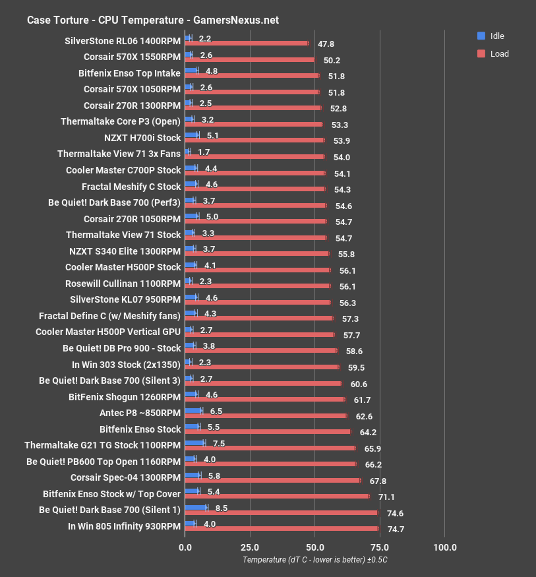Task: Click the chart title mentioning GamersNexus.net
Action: (x=152, y=20)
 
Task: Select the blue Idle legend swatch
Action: (x=481, y=36)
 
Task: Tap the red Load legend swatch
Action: (x=481, y=53)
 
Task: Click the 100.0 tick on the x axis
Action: (x=445, y=547)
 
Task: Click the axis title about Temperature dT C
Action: (x=315, y=560)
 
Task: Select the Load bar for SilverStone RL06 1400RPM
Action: (x=247, y=44)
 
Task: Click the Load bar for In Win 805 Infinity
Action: (x=282, y=528)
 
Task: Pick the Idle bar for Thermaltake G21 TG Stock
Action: (x=195, y=443)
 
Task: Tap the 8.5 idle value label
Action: (x=222, y=508)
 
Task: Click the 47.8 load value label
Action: (x=326, y=44)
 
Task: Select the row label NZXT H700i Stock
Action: (x=142, y=138)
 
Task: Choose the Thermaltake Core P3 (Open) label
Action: (x=120, y=121)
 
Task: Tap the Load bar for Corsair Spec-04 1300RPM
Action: (x=272, y=480)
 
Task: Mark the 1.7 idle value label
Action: (x=204, y=153)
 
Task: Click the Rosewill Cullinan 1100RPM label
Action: (x=123, y=284)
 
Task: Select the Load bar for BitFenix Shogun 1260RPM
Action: (x=264, y=399)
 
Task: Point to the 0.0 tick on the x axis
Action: (x=185, y=547)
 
